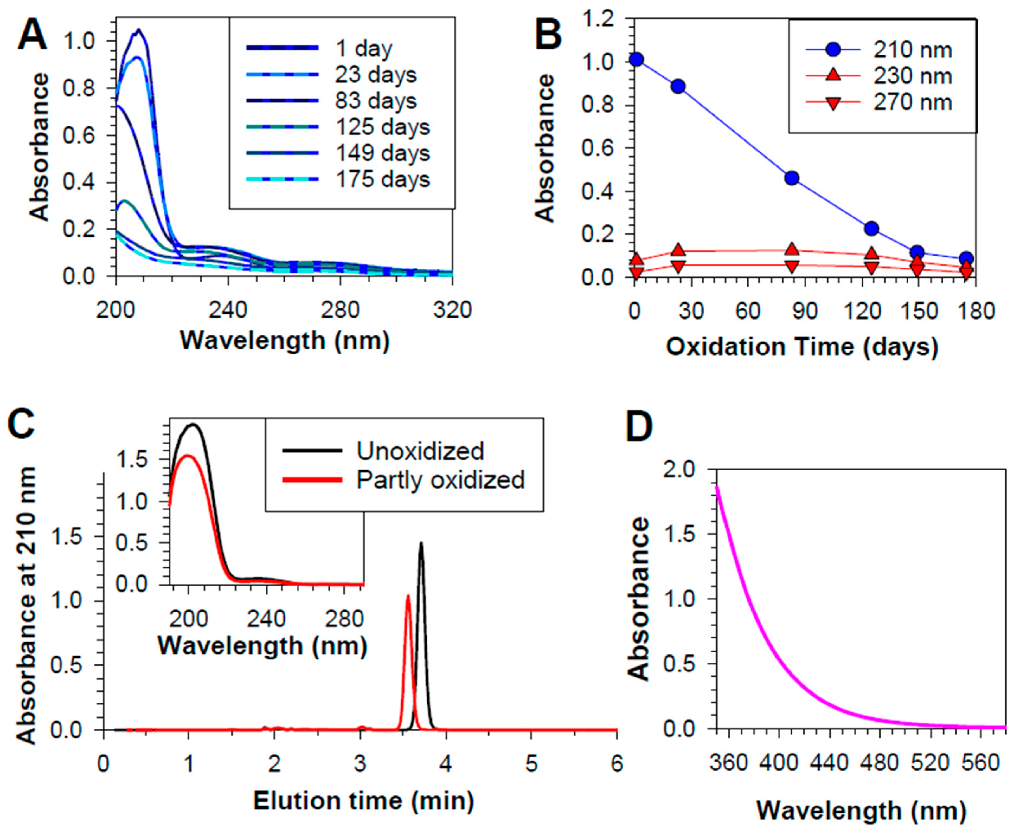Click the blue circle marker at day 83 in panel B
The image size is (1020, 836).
(791, 178)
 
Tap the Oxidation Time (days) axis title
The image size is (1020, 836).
(802, 347)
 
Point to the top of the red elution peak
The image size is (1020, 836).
(408, 597)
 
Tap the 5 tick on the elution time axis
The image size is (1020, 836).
(531, 765)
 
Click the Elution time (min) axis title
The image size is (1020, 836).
(363, 801)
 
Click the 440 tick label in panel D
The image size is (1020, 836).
(829, 764)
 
